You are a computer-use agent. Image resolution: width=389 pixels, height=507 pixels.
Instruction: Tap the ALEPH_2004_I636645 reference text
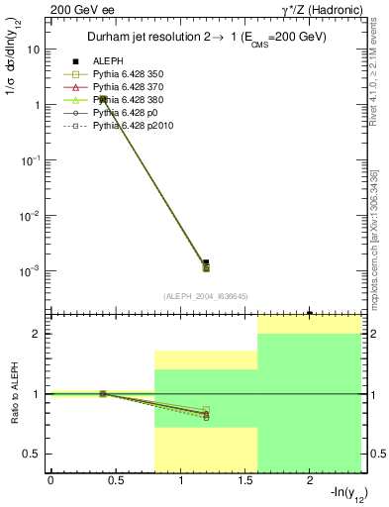click(x=205, y=296)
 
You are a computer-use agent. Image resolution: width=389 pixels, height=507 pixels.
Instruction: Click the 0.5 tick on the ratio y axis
click(x=33, y=454)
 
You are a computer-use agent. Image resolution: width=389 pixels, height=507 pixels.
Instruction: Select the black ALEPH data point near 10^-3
click(x=206, y=262)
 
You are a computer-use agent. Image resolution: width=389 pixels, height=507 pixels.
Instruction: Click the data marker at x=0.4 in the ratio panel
click(x=103, y=393)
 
